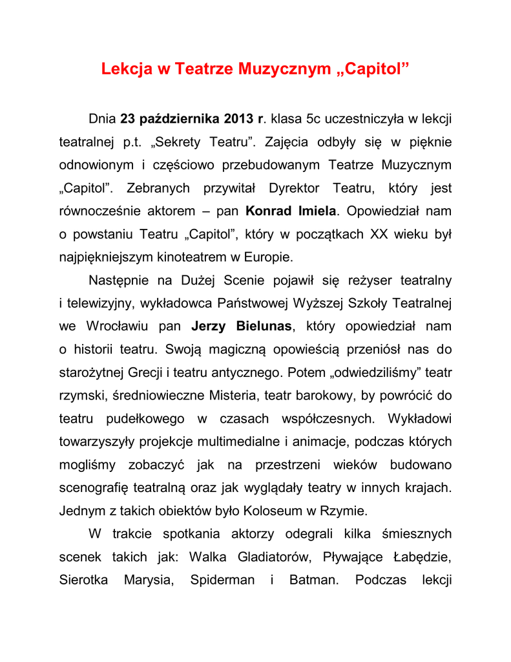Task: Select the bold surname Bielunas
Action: click(x=261, y=326)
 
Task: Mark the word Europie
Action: click(x=269, y=257)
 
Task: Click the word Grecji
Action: click(x=145, y=372)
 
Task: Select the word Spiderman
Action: click(x=222, y=580)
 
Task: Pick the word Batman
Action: click(x=314, y=580)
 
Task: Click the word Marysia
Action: click(x=149, y=580)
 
